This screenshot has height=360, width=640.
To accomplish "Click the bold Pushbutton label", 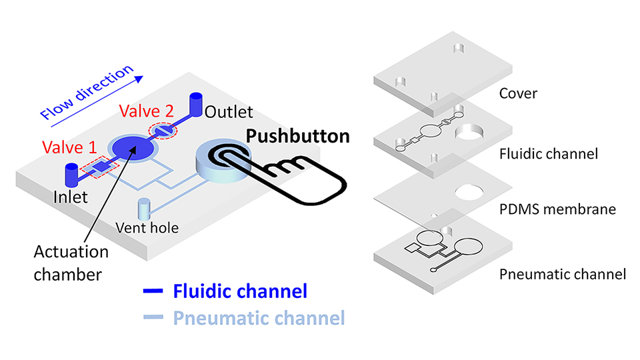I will pos(297,137).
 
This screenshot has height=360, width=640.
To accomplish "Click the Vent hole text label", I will pos(148,228).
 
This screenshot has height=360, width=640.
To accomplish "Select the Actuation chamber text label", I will pos(71,261).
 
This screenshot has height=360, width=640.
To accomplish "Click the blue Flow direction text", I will pos(88,93).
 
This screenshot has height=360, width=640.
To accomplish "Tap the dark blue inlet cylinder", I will pos(71,175).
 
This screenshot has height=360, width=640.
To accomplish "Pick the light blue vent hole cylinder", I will pos(144,209).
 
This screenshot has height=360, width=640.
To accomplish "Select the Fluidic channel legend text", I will pos(239,291).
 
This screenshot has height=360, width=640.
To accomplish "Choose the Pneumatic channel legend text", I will pos(259,318).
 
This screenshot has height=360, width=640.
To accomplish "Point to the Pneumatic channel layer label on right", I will pos(562,274).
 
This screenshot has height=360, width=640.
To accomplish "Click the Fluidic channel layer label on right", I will pos(548,154).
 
